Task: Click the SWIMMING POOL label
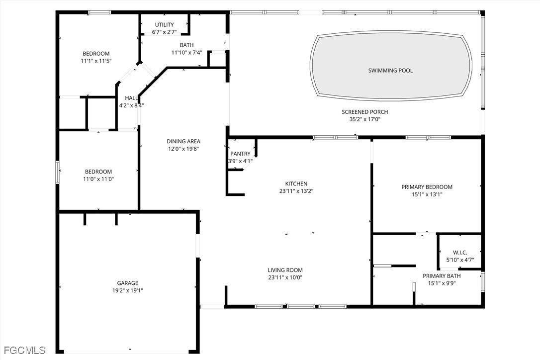390,71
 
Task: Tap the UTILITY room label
164,25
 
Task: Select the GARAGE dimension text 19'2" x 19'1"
127,290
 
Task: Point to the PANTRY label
240,154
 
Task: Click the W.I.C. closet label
460,253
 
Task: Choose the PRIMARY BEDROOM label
427,187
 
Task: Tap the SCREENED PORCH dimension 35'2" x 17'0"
364,119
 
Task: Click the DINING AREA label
183,141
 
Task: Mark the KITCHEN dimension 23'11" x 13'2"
296,191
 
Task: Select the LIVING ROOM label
285,270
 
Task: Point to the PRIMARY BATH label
442,276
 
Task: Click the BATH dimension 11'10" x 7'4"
186,53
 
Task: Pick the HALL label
131,98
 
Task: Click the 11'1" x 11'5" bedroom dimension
96,61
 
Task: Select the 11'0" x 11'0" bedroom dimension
98,179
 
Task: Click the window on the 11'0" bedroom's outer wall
58,172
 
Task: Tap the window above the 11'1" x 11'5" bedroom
99,12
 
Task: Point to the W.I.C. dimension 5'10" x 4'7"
460,260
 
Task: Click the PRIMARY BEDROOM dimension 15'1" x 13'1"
427,194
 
